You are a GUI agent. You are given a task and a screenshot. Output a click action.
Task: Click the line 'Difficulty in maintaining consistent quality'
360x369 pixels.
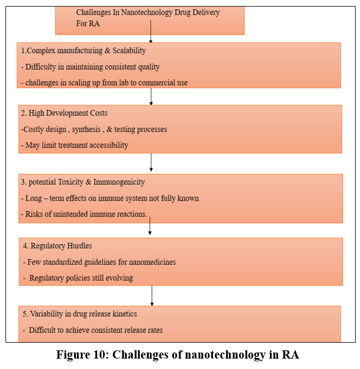[x=93, y=67]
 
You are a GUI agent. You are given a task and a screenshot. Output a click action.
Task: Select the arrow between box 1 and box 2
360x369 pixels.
[x=151, y=96]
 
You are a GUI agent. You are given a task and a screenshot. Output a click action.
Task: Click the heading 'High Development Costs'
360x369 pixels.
[x=64, y=113]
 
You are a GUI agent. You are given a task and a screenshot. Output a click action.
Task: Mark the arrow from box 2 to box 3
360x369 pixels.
[x=151, y=163]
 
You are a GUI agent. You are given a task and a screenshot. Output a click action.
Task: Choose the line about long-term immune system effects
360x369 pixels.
[x=112, y=198]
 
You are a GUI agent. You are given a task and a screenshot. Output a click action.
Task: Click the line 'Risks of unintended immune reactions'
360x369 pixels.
[x=86, y=214]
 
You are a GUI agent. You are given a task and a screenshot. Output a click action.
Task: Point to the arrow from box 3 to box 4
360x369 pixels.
[x=150, y=227]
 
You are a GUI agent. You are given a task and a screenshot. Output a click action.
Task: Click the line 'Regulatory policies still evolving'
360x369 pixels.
[x=81, y=278]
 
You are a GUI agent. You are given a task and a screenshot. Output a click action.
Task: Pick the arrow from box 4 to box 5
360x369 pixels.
[x=152, y=296]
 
